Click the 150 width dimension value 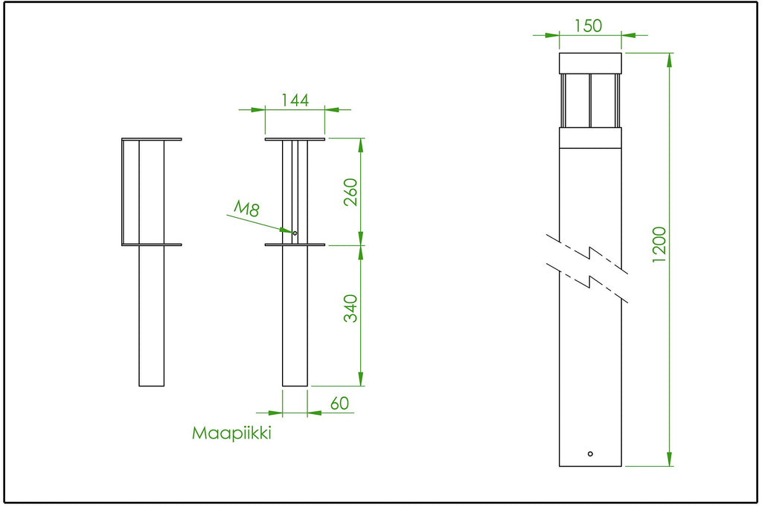point(588,26)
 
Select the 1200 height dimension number point(659,245)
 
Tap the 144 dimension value point(295,100)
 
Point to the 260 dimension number point(350,193)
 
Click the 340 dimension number point(350,309)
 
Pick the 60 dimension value point(339,404)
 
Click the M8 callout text point(247,208)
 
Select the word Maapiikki point(231,433)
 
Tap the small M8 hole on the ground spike point(295,233)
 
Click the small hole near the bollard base point(590,454)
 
